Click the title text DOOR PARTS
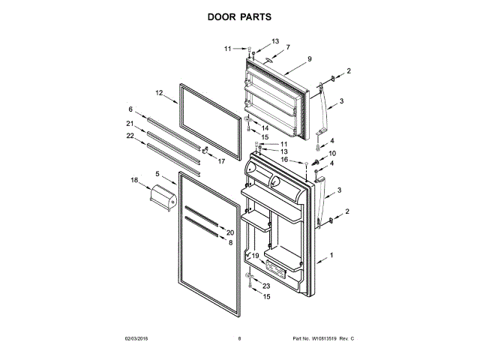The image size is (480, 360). pyautogui.click(x=240, y=16)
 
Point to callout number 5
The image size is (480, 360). pyautogui.click(x=157, y=174)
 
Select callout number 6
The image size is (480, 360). pyautogui.click(x=130, y=109)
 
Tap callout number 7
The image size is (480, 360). pyautogui.click(x=286, y=46)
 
